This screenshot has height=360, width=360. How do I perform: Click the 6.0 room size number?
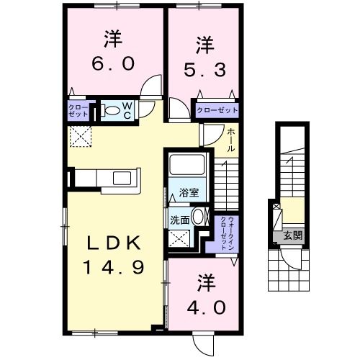tap(112, 64)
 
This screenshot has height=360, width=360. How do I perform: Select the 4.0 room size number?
tap(204, 307)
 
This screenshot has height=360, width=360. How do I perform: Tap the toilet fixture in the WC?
tap(112, 110)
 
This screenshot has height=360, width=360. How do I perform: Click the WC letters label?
tap(126, 110)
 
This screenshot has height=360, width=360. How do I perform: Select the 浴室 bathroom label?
tap(189, 193)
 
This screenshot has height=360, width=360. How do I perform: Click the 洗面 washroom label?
tap(180, 220)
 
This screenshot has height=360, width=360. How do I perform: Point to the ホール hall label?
tap(230, 138)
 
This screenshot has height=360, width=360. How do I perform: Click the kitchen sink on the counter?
tap(120, 177)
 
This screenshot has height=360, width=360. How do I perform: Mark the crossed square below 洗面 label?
tap(179, 239)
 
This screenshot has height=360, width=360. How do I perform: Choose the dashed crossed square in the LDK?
tap(78, 135)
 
